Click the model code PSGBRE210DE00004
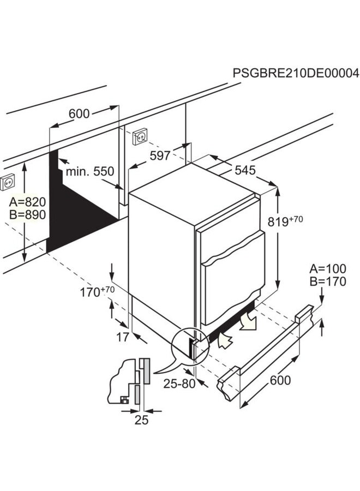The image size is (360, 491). (x=296, y=73)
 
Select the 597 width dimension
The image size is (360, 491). (x=160, y=155)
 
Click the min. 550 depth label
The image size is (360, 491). (x=90, y=171)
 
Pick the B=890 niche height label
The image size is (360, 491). (x=27, y=214)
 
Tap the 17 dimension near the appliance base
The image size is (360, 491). (x=123, y=337)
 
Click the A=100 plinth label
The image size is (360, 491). (x=328, y=268)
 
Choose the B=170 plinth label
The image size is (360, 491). (x=328, y=282)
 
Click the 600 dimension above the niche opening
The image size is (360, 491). (x=79, y=114)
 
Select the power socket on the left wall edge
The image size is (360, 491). (x=8, y=180)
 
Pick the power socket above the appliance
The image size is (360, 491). (x=139, y=135)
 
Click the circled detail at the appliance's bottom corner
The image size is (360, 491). (x=188, y=345)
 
